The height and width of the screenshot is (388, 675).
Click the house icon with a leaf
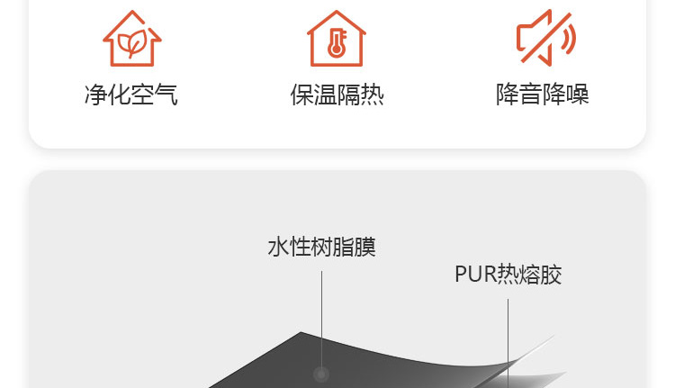132,39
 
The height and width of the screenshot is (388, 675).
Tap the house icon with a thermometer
337,39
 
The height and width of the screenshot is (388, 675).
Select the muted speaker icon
546,38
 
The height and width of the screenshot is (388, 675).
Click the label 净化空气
131,95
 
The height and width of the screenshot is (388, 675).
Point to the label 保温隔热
337,95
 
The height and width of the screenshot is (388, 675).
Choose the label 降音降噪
542,95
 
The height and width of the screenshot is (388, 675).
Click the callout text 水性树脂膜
321,247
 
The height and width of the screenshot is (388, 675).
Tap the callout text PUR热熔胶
508,275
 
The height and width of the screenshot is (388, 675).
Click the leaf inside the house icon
132,43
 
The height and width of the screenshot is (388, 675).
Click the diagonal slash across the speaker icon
546,38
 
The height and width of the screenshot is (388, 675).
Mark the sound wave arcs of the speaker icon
568,39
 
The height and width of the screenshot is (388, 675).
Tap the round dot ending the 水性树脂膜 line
321,374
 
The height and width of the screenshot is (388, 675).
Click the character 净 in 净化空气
96,95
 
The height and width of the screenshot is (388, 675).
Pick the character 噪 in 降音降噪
577,95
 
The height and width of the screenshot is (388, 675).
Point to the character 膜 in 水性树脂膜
365,247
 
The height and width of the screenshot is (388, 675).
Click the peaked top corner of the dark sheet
301,332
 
